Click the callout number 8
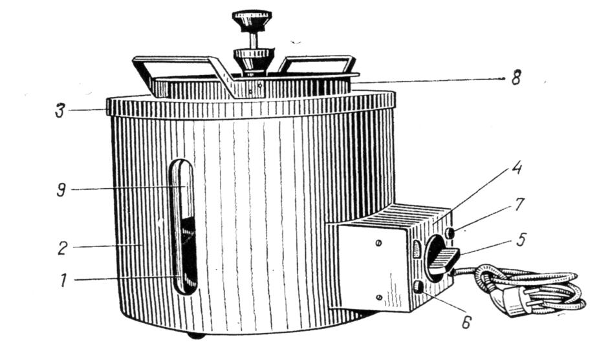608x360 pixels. pos(516,79)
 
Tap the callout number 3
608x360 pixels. pos(60,111)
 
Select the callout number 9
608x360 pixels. pos(61,190)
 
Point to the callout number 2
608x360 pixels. pos(63,248)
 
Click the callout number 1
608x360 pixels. pos(63,280)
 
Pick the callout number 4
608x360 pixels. pos(517,168)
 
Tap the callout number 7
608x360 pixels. pos(519,204)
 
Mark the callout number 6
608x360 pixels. pos(466,321)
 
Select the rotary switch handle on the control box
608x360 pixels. pos(444,260)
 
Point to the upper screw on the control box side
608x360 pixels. pos(379,243)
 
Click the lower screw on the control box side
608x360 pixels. pos(380,297)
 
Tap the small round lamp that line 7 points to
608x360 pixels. pos(450,233)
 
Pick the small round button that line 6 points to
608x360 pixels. pos(418,287)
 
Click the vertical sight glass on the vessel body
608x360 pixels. pos(184,227)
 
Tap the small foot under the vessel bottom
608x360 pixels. pos(197,335)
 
